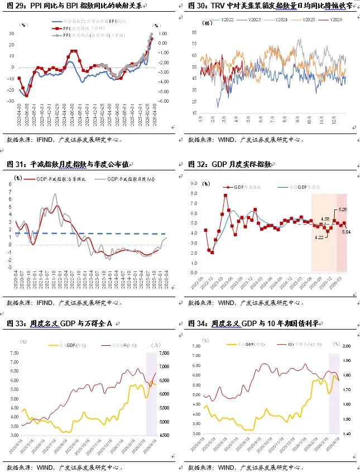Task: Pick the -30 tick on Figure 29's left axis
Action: pos(11,101)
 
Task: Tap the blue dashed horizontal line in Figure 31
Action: pos(89,233)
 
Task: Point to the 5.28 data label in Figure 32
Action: pos(343,210)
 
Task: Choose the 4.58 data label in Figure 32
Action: pos(326,218)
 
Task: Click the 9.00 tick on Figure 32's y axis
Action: pos(193,183)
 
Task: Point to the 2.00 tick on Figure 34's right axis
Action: pos(346,346)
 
